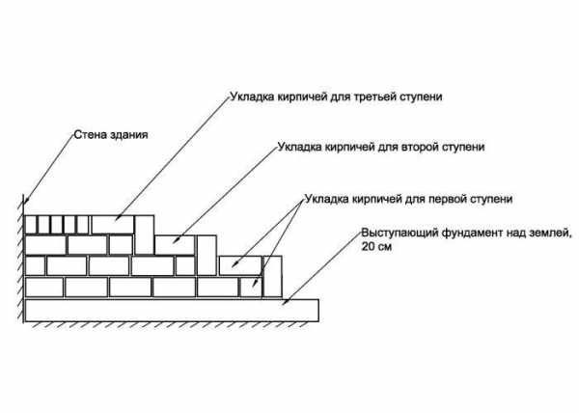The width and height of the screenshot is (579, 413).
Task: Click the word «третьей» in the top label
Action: point(375,97)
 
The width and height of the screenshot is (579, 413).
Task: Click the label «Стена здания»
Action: point(111,135)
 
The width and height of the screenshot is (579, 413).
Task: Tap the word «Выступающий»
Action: point(400,234)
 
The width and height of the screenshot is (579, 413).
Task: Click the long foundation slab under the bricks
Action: point(172,311)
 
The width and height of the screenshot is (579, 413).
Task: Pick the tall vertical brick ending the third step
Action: point(145,235)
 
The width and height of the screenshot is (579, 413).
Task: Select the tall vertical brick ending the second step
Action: point(207,256)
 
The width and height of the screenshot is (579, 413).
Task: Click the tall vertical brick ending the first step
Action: point(272,276)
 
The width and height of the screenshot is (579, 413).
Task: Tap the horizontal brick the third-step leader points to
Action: point(113,225)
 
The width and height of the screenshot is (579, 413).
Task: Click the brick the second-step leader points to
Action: point(175,245)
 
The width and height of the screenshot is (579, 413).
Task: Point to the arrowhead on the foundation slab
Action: point(285,301)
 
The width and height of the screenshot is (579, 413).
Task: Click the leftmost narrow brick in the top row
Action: point(31,225)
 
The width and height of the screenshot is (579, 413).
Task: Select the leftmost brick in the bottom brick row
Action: point(44,288)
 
